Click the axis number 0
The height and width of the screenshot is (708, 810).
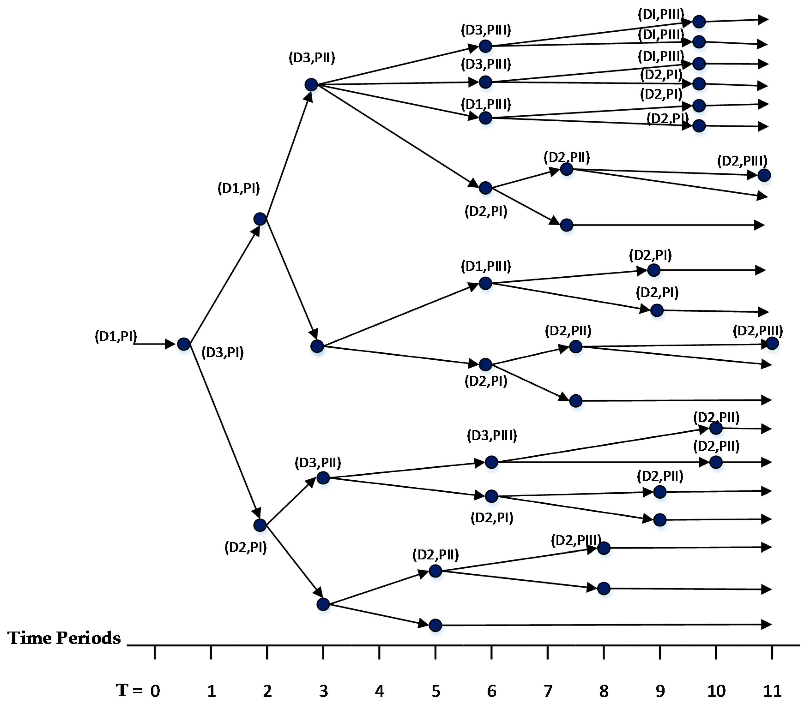155,691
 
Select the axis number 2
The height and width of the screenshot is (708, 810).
267,691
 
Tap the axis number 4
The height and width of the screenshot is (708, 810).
379,691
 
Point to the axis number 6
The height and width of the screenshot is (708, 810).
491,691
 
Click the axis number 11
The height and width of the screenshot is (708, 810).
772,691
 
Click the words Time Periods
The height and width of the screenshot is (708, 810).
64,638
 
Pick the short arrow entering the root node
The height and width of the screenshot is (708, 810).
154,344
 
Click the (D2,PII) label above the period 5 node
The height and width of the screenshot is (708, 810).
435,555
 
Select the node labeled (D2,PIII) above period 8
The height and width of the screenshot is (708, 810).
603,548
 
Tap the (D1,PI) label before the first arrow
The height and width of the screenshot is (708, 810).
115,336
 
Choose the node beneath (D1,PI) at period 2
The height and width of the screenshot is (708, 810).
260,219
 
